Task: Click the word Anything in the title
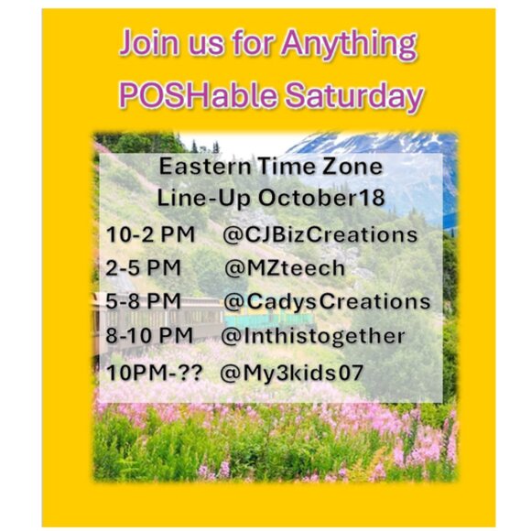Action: click(349, 45)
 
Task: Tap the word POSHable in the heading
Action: click(198, 95)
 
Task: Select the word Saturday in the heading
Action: click(354, 96)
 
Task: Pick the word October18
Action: click(321, 198)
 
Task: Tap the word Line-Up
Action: click(203, 198)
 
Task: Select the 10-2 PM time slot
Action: click(150, 234)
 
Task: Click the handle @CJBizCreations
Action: click(320, 234)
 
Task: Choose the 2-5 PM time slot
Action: click(143, 268)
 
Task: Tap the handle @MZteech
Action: click(285, 268)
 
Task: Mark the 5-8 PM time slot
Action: click(143, 301)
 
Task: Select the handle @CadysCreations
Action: click(327, 302)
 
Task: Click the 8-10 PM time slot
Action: click(149, 335)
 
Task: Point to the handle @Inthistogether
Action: click(313, 336)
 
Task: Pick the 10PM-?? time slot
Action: click(154, 373)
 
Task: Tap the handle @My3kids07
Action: click(291, 374)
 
